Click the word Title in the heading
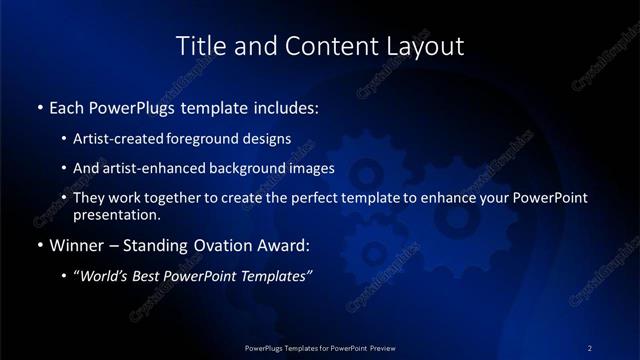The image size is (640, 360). click(x=199, y=46)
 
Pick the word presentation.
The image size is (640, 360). click(x=116, y=214)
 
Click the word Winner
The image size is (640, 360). click(x=77, y=245)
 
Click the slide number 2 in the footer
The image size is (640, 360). click(x=590, y=347)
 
